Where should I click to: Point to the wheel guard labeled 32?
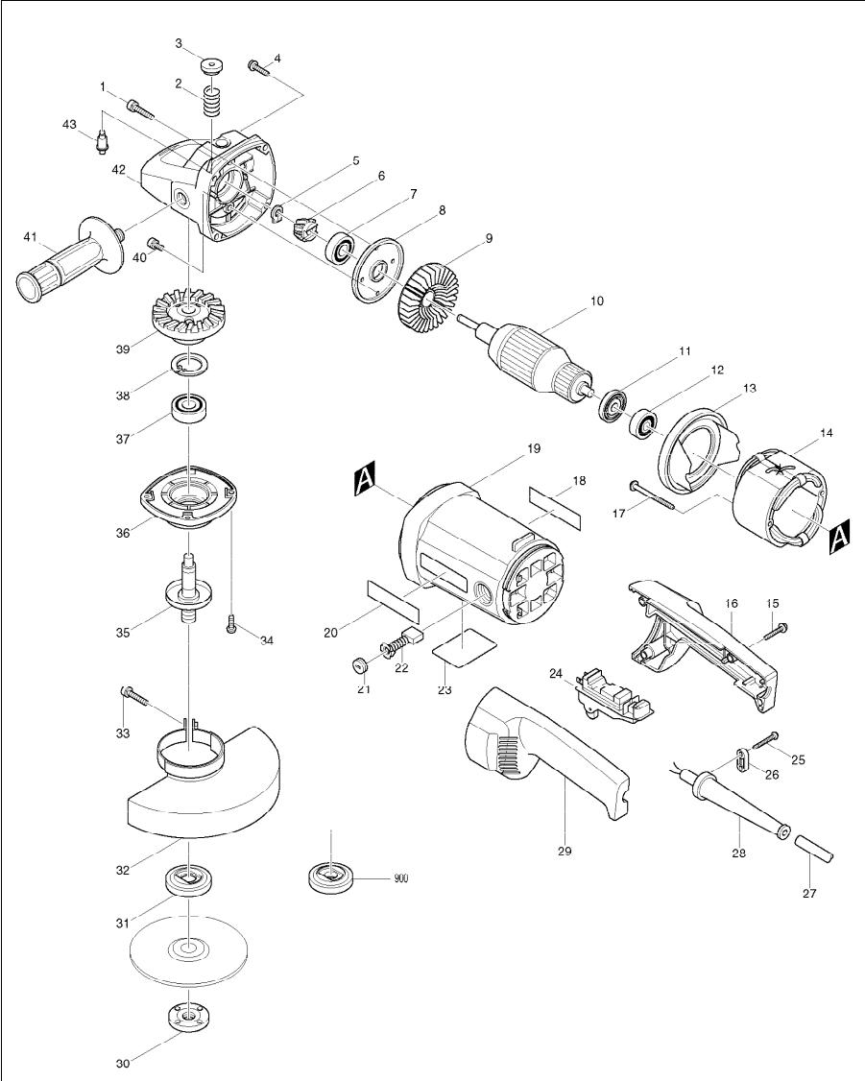[x=202, y=787]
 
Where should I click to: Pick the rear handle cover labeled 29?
[x=538, y=749]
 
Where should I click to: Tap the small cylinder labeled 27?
[x=818, y=849]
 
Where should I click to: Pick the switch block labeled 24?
[x=613, y=695]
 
